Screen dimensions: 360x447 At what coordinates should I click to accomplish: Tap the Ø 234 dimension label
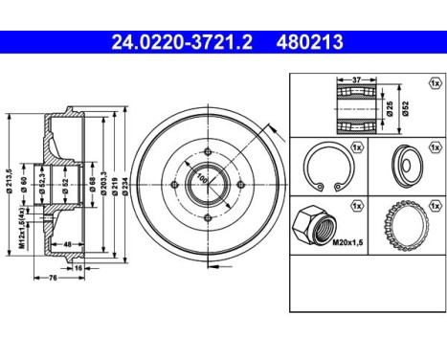(126, 189)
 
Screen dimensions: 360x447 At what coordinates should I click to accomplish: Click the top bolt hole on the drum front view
(208, 149)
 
